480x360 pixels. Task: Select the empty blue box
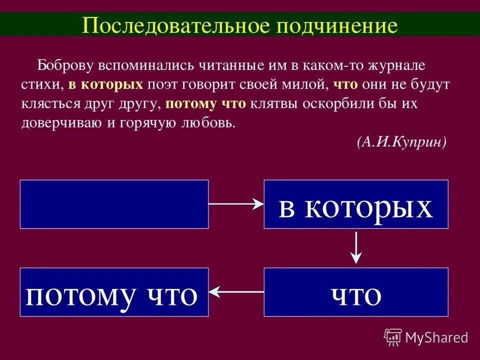pos(114,204)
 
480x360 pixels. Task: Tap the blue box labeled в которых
pos(355,204)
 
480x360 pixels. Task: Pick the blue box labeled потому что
pos(114,292)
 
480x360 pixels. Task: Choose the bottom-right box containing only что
pos(355,292)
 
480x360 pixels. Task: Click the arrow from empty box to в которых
pos(235,203)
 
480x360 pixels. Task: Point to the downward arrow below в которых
pos(355,247)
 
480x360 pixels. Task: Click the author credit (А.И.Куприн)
pos(401,142)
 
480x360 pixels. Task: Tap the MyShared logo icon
pos(393,337)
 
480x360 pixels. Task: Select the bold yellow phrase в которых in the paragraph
pos(105,85)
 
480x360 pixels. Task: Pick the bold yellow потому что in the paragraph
pos(205,104)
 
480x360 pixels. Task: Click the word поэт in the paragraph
pos(162,85)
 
